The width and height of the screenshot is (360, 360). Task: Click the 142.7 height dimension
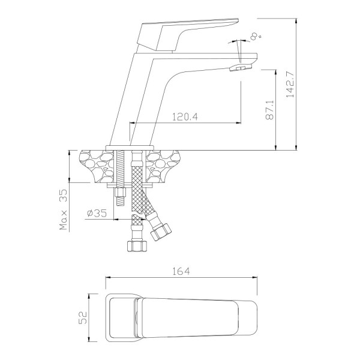[x=290, y=84]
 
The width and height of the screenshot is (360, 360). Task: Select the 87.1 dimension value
[x=270, y=110]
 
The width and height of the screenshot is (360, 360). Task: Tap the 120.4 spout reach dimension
[x=185, y=117]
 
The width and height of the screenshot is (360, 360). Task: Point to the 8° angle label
[x=255, y=37]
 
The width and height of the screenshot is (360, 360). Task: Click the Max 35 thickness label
[x=64, y=209]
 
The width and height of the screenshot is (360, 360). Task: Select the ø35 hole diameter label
[x=97, y=213]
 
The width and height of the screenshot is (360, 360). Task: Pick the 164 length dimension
[x=181, y=271]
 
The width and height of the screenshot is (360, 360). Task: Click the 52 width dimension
[x=83, y=317]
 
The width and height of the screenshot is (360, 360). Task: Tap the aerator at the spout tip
[x=241, y=67]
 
